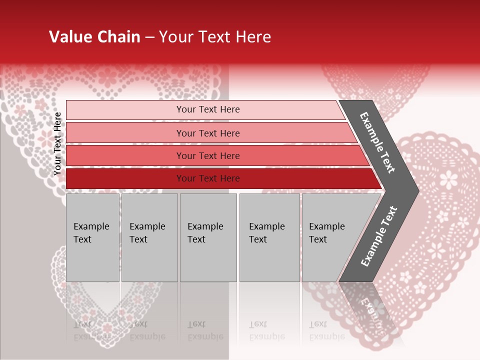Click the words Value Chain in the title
click(x=94, y=37)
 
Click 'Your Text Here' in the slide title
click(x=215, y=37)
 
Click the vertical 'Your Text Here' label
click(x=57, y=143)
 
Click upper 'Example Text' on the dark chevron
click(x=377, y=142)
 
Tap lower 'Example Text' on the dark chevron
click(x=378, y=236)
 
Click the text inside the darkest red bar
click(x=208, y=178)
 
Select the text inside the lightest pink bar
click(x=208, y=109)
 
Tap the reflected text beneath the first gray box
click(x=91, y=330)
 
